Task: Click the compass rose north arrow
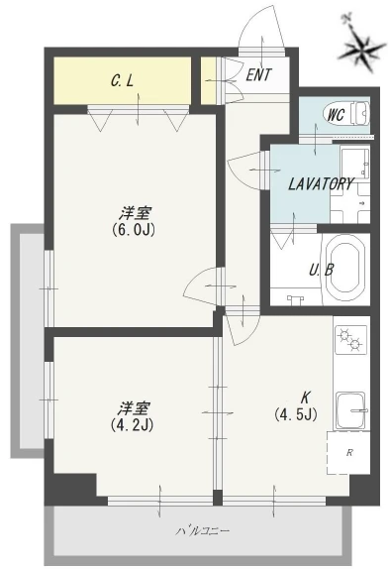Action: [x=360, y=46]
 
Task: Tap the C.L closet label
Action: [x=122, y=81]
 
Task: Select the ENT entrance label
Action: [x=258, y=75]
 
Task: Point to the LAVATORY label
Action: [x=321, y=184]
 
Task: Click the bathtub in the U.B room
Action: [x=345, y=269]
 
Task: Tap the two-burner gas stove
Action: [x=350, y=339]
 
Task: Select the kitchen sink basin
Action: [x=350, y=410]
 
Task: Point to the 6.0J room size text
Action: [x=134, y=230]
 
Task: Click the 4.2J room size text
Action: [x=132, y=424]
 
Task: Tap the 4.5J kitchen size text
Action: [x=296, y=414]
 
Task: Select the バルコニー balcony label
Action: [x=203, y=531]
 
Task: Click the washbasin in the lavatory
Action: [x=354, y=164]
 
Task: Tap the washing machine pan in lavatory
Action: [x=349, y=203]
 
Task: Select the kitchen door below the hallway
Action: [x=242, y=328]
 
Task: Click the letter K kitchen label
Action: [x=305, y=398]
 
